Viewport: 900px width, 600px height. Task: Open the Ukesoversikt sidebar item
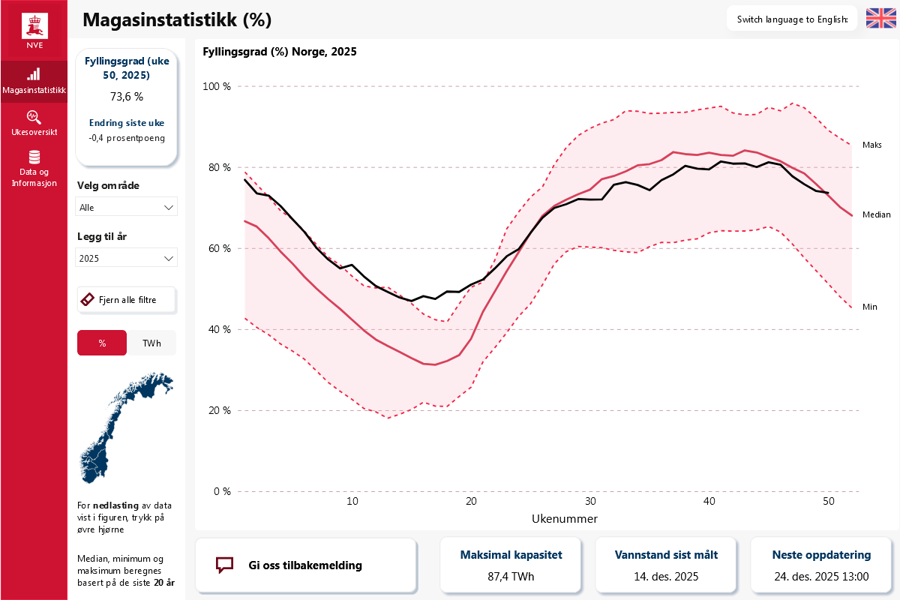pyautogui.click(x=34, y=124)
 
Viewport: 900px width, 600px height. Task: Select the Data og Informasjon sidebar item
pyautogui.click(x=34, y=168)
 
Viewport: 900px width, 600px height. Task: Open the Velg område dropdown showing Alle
pyautogui.click(x=127, y=207)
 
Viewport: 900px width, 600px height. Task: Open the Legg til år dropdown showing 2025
pyautogui.click(x=127, y=258)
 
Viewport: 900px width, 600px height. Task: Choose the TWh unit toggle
pyautogui.click(x=151, y=343)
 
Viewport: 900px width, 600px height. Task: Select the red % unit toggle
pyautogui.click(x=102, y=343)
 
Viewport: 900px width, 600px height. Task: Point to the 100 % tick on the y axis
pyautogui.click(x=217, y=87)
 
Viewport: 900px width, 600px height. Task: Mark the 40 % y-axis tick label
pyautogui.click(x=218, y=330)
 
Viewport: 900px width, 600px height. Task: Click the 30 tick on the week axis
pyautogui.click(x=590, y=501)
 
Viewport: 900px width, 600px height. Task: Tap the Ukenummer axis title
pyautogui.click(x=564, y=518)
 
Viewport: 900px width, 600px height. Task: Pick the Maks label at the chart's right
pyautogui.click(x=871, y=145)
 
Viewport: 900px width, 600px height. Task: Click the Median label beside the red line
pyautogui.click(x=876, y=214)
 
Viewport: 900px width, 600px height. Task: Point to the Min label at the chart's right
pyautogui.click(x=869, y=307)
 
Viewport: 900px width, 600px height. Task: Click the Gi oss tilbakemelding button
pyautogui.click(x=305, y=565)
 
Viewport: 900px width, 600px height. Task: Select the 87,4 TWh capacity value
pyautogui.click(x=511, y=577)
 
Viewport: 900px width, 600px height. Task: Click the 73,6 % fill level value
pyautogui.click(x=126, y=97)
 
